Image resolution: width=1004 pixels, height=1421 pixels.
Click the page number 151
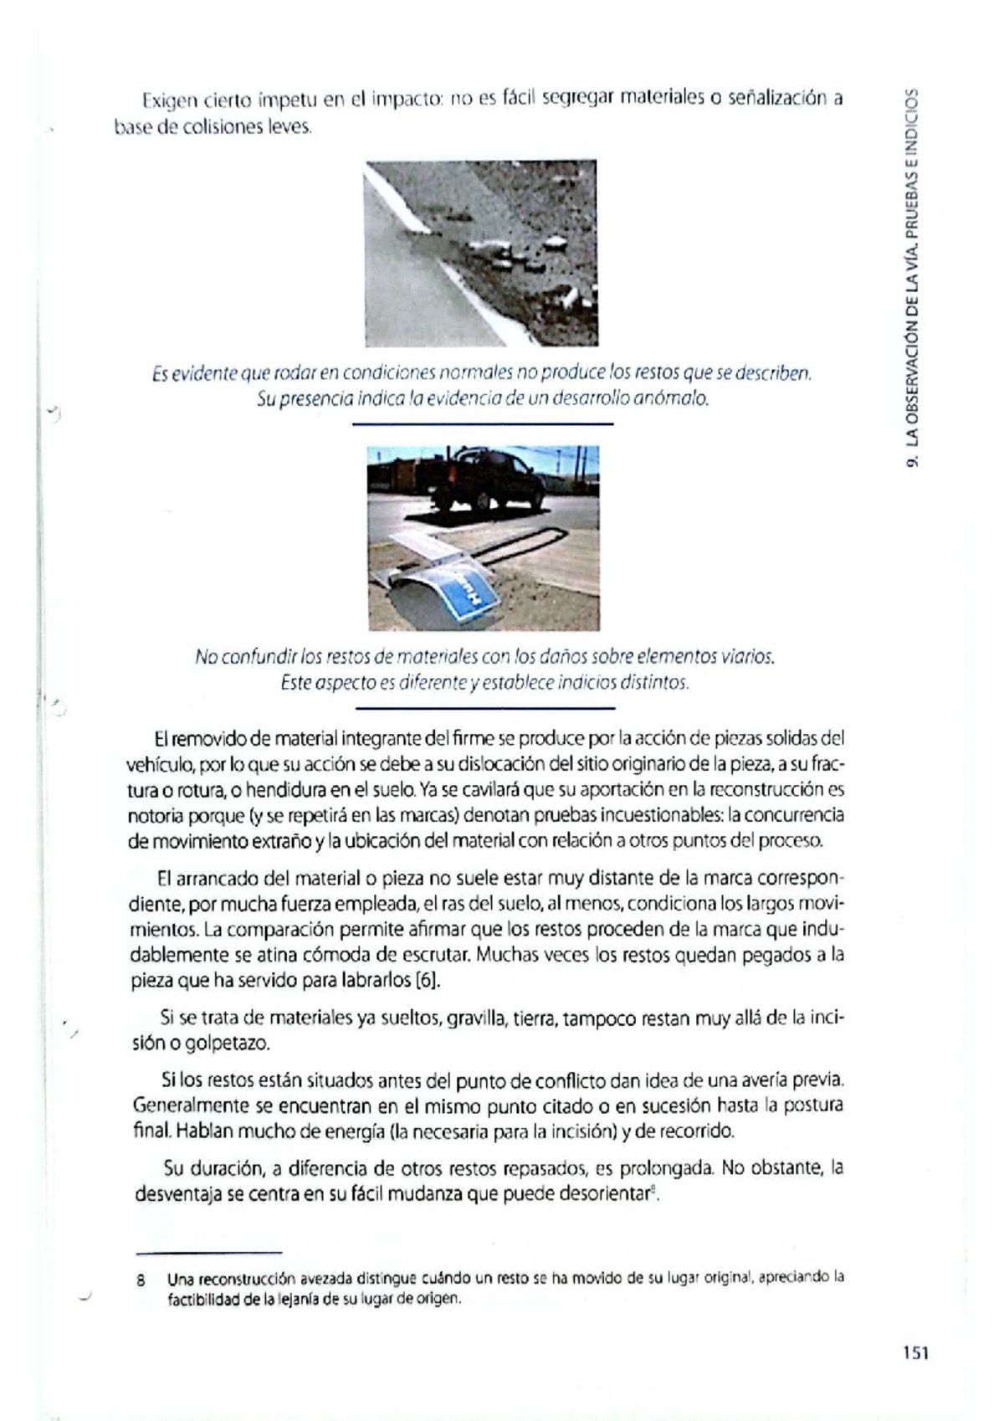[x=916, y=1353]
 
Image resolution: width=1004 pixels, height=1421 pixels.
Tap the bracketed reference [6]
[x=427, y=980]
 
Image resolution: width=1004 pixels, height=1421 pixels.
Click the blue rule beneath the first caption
[x=484, y=424]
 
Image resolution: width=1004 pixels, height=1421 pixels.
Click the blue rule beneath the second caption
[x=484, y=708]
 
